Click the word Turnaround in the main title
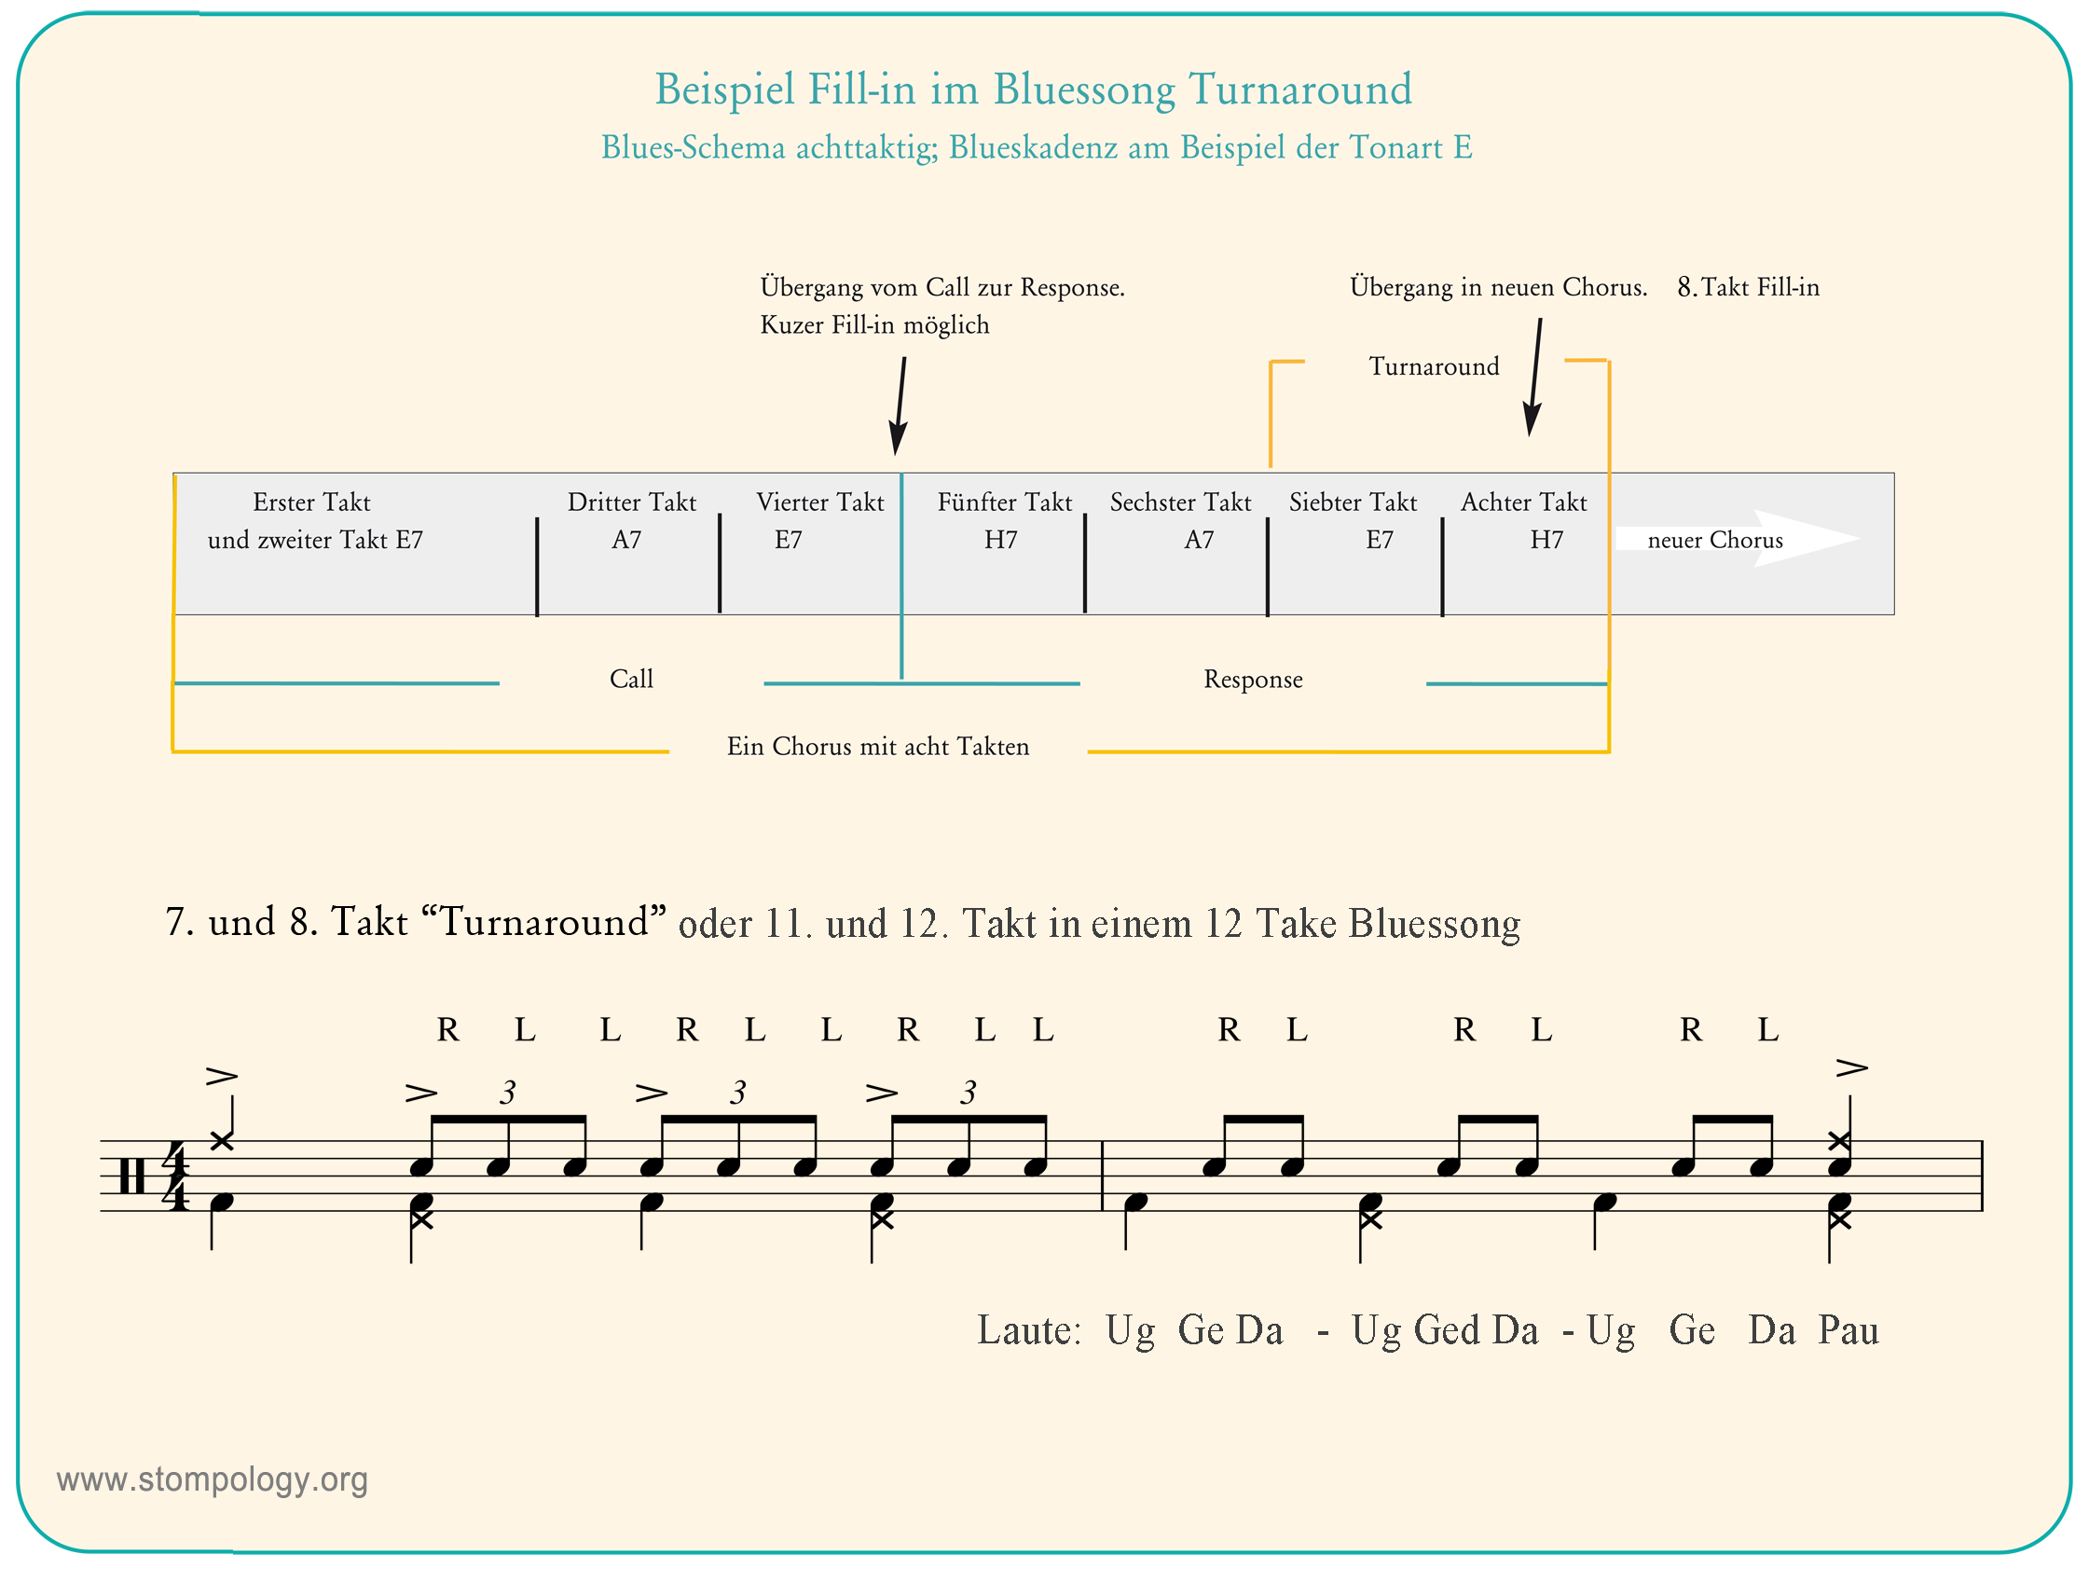[1299, 89]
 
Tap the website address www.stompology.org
[213, 1480]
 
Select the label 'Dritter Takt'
[632, 502]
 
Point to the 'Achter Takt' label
[1524, 502]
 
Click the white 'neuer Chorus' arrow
[1738, 538]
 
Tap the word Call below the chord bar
[631, 678]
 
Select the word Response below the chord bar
[1253, 679]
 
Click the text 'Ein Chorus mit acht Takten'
[878, 746]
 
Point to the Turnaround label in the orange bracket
[1435, 365]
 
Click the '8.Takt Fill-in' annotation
[1748, 287]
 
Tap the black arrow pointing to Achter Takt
[1535, 377]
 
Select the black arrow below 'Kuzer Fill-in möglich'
[900, 406]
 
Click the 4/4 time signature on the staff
[175, 1176]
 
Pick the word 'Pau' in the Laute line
[1848, 1329]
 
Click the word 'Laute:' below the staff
[1028, 1329]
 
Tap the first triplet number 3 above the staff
[508, 1093]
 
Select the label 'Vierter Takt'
[819, 502]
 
